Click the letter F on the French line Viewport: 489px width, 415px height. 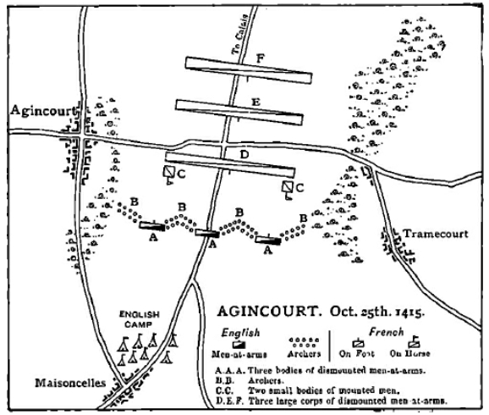(263, 58)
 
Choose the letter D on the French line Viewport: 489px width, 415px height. (244, 155)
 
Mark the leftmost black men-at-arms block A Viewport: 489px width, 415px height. (152, 226)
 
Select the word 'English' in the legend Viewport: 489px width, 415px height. (241, 333)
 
